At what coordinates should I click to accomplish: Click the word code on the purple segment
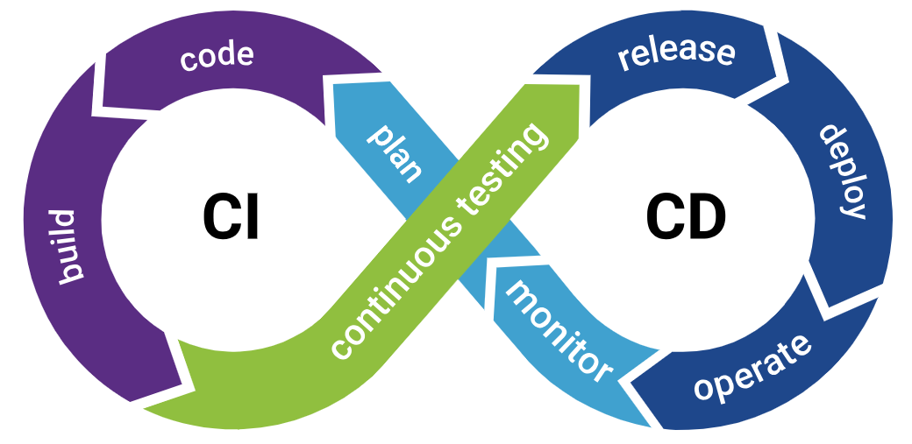[x=217, y=57]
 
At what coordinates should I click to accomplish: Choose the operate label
[x=752, y=367]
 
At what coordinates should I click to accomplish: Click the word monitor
[x=560, y=331]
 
